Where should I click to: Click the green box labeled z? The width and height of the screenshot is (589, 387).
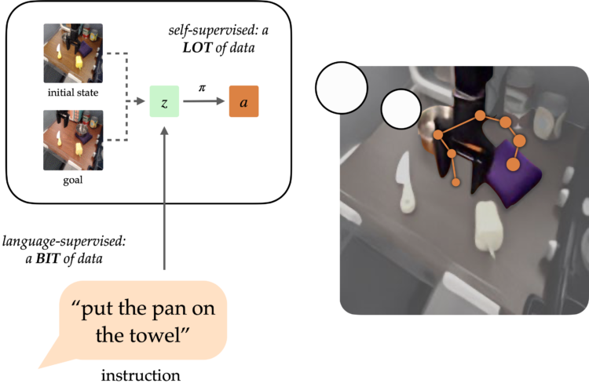click(164, 102)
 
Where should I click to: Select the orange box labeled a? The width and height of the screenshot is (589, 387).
click(243, 102)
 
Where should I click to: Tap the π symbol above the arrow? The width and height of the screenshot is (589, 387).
click(201, 89)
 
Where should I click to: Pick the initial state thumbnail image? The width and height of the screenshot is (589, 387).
click(73, 53)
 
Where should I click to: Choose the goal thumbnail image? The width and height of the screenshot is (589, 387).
click(73, 141)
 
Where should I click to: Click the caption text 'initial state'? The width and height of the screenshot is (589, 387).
click(72, 93)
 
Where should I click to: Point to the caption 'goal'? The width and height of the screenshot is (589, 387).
click(72, 180)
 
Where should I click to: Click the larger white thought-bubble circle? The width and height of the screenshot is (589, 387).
click(342, 88)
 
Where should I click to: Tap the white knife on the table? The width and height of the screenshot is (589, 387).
click(404, 182)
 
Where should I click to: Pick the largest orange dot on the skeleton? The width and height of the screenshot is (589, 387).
click(514, 164)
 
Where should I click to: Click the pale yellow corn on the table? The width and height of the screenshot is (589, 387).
click(488, 227)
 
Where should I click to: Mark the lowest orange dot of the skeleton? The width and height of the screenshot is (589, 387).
click(455, 182)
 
